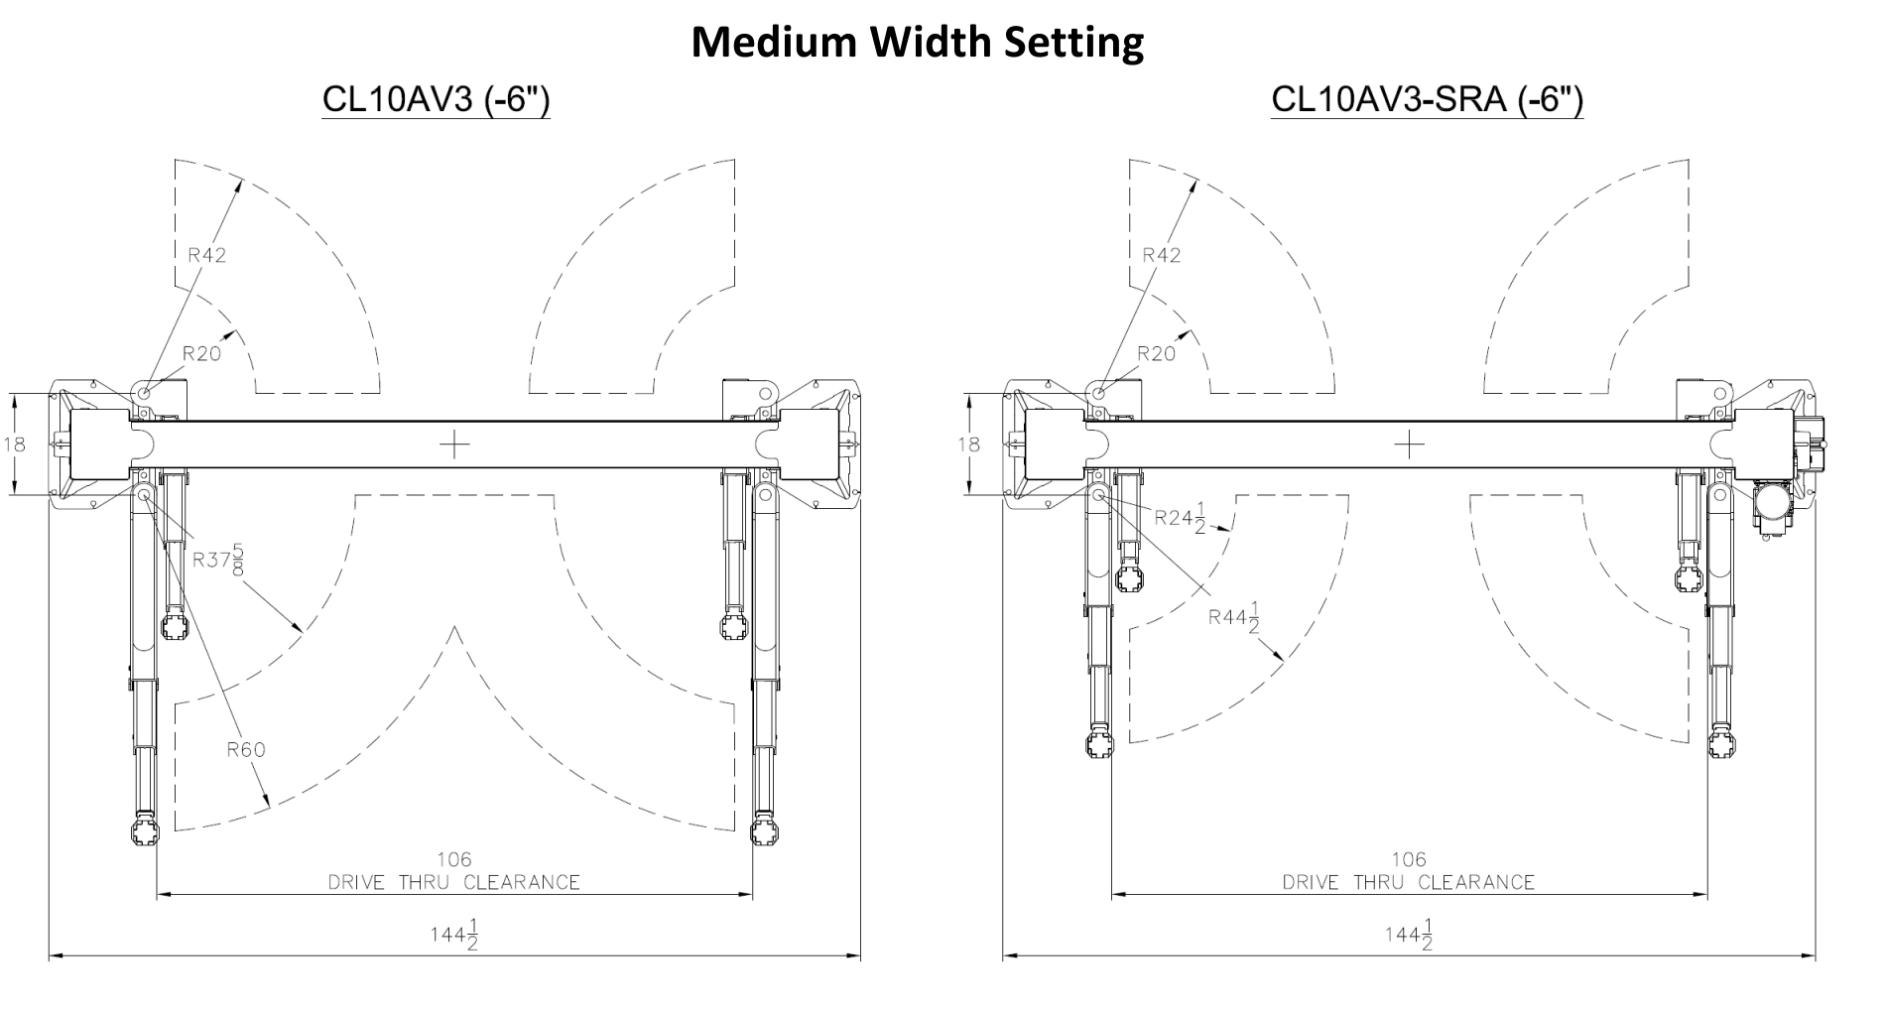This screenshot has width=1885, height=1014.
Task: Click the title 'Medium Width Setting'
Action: click(917, 43)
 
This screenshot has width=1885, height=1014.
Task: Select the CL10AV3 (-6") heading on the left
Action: click(436, 100)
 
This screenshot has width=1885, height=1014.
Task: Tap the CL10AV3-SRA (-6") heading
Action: click(1427, 100)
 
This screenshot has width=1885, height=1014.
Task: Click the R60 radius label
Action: click(246, 749)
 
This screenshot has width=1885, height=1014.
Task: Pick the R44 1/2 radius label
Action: click(1234, 617)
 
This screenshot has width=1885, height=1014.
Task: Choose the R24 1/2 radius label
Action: click(1181, 518)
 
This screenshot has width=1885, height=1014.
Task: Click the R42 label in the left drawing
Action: click(206, 255)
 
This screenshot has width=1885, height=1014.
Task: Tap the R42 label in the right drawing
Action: click(1161, 255)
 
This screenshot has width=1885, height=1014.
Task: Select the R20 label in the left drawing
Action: click(201, 353)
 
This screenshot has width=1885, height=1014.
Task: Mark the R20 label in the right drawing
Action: click(1156, 353)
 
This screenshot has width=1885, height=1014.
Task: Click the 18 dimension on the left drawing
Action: click(14, 444)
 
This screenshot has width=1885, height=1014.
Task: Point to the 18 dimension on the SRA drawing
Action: click(968, 444)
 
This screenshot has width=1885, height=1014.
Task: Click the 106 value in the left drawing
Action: click(454, 859)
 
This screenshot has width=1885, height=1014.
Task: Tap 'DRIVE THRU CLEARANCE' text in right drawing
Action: click(1408, 882)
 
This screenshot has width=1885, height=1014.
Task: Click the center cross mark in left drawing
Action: click(454, 444)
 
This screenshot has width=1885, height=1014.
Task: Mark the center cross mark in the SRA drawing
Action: click(1409, 444)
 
